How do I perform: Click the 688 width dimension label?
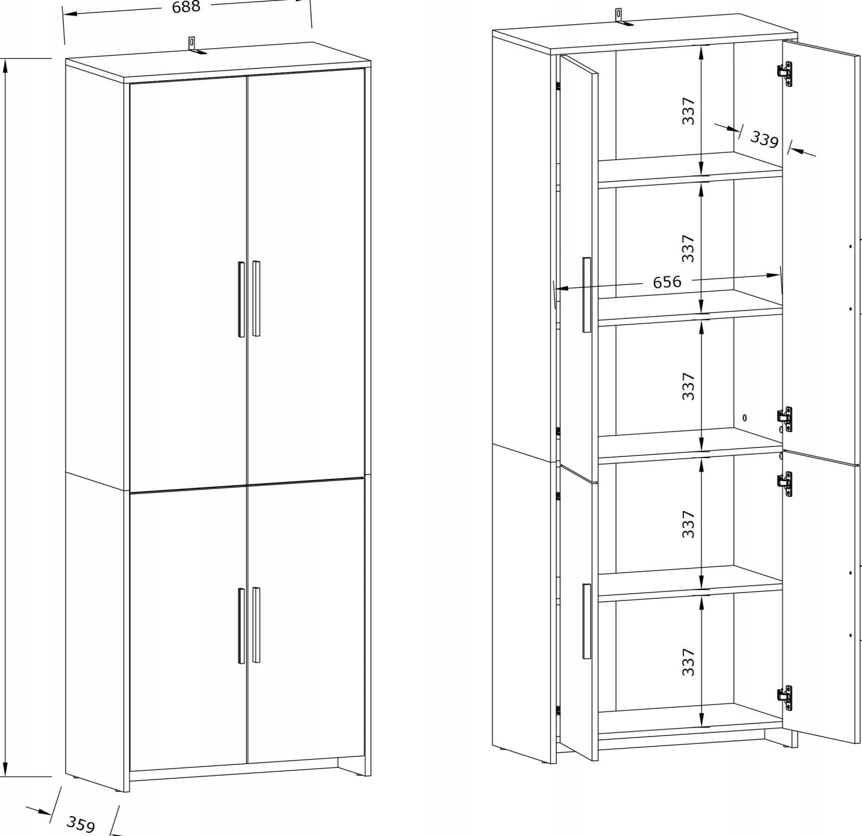click(x=186, y=7)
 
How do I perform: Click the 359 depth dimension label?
click(x=81, y=824)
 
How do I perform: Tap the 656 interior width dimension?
click(x=667, y=282)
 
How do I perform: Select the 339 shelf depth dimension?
click(x=764, y=139)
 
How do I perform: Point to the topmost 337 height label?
click(x=688, y=111)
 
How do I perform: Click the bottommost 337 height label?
click(x=688, y=662)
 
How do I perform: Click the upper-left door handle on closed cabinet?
click(x=241, y=299)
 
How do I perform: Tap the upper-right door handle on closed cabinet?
click(x=256, y=298)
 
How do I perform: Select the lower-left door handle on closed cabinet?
click(x=241, y=625)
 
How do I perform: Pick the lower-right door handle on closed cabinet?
click(x=256, y=625)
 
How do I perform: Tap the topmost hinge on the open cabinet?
click(x=785, y=73)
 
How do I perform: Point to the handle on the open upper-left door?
click(x=586, y=295)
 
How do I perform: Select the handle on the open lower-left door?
click(x=586, y=621)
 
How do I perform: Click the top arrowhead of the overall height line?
click(x=6, y=66)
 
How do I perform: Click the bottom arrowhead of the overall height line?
click(x=6, y=768)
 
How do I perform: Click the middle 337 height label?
click(x=688, y=386)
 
